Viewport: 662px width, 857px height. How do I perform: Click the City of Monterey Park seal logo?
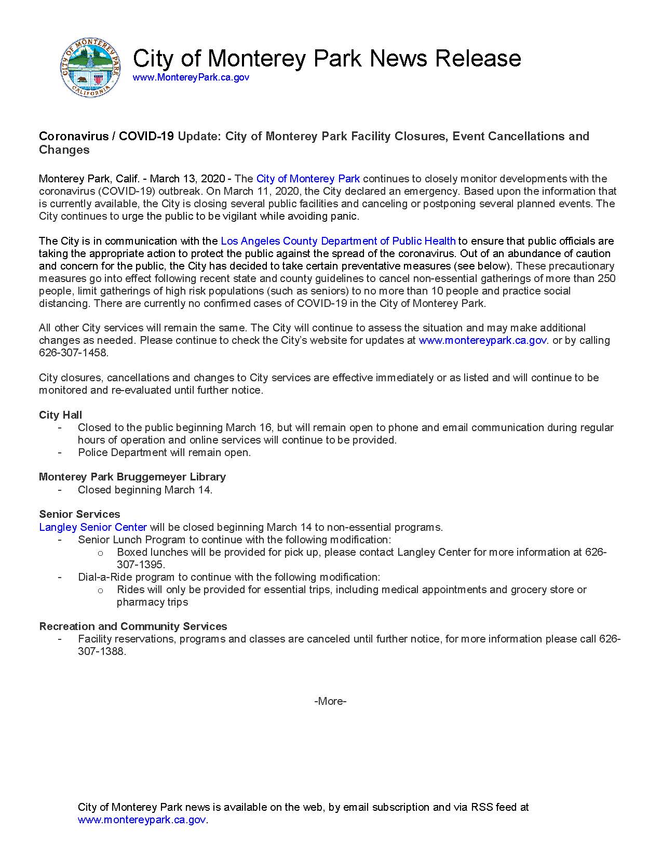pos(91,67)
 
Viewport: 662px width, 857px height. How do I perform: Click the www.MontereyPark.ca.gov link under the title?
pos(191,77)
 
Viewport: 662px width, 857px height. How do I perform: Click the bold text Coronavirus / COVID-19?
pos(106,136)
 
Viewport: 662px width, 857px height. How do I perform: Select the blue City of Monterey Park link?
pos(308,179)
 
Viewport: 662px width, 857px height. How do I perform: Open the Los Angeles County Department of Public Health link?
pos(338,241)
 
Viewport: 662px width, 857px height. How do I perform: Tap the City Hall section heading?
pos(60,415)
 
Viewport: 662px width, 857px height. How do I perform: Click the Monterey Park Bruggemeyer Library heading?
pos(132,477)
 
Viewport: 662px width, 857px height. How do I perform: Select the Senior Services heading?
pos(79,514)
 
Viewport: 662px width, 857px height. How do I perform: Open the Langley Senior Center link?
pos(93,527)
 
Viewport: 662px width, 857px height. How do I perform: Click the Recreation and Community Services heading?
pos(133,626)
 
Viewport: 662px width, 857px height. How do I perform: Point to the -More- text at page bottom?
pos(330,701)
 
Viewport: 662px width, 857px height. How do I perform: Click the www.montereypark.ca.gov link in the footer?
pos(142,820)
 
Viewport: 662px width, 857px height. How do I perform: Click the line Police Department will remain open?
pos(164,452)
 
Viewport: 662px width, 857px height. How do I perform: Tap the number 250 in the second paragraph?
pos(606,278)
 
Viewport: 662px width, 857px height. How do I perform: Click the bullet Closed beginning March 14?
pos(145,490)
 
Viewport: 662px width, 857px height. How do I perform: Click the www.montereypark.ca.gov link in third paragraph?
pos(482,341)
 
